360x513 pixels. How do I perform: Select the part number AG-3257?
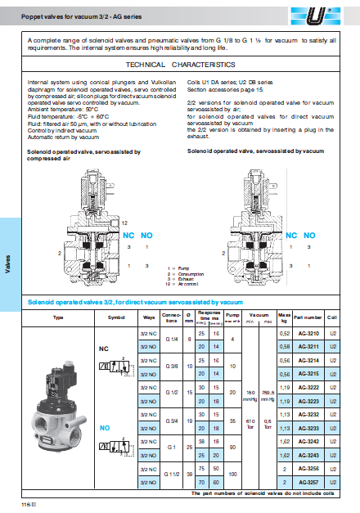(x=308, y=484)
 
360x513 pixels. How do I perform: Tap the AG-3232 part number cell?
(x=308, y=415)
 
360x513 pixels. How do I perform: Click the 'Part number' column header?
(x=308, y=317)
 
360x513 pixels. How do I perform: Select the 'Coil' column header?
(x=333, y=317)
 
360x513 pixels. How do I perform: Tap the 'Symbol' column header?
(x=118, y=317)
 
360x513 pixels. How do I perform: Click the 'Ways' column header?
(x=148, y=317)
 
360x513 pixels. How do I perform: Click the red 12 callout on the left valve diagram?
(x=124, y=223)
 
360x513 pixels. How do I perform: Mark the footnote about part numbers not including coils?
(x=261, y=493)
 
